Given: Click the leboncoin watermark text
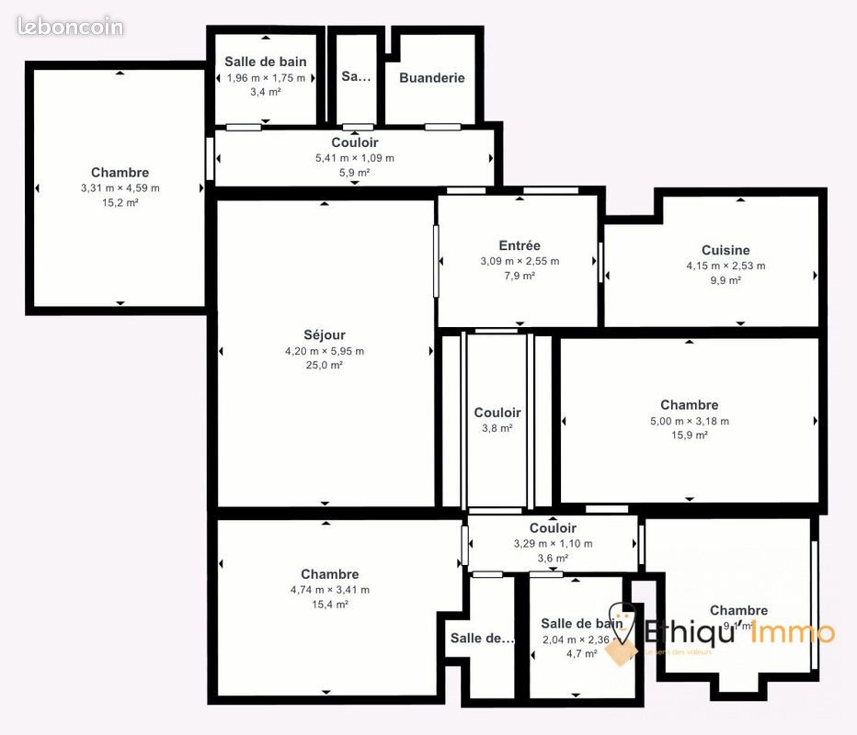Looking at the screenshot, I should click(x=70, y=27).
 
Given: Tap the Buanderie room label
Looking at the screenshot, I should click(x=431, y=78).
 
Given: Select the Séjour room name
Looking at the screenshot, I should click(x=325, y=335).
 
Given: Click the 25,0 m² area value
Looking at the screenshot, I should click(x=325, y=365).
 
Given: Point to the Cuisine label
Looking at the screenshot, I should click(x=726, y=250).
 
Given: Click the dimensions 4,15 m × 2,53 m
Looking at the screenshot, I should click(x=726, y=266).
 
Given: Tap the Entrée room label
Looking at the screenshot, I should click(x=520, y=245).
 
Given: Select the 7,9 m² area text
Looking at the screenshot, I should click(x=520, y=276).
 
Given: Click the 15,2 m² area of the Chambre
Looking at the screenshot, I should click(x=120, y=203).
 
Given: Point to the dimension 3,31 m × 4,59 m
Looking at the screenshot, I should click(x=120, y=188).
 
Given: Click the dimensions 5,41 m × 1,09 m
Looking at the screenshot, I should click(x=354, y=158).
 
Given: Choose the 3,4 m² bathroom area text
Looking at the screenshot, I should click(x=266, y=92).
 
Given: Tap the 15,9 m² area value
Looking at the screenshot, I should click(x=689, y=435).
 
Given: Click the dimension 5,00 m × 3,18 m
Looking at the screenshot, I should click(x=689, y=421).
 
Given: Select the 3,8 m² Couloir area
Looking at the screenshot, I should click(x=497, y=427).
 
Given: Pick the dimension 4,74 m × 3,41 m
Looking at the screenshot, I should click(x=329, y=590).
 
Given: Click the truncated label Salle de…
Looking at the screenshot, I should click(x=483, y=638).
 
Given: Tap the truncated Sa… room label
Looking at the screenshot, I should click(x=356, y=77).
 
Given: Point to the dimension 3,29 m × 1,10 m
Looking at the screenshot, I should click(x=553, y=544).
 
